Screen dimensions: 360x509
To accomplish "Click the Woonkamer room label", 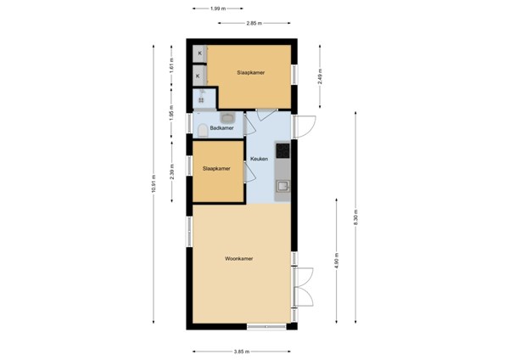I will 240,259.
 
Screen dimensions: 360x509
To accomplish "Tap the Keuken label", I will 260,159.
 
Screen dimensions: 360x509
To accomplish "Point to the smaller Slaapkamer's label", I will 216,169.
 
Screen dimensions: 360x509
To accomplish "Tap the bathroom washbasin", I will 230,117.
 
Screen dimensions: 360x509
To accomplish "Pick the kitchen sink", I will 283,184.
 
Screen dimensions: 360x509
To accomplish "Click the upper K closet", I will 199,53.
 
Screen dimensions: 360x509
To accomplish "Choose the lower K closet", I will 199,76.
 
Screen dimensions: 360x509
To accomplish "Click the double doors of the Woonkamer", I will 302,289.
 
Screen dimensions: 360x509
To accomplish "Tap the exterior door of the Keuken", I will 304,127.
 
